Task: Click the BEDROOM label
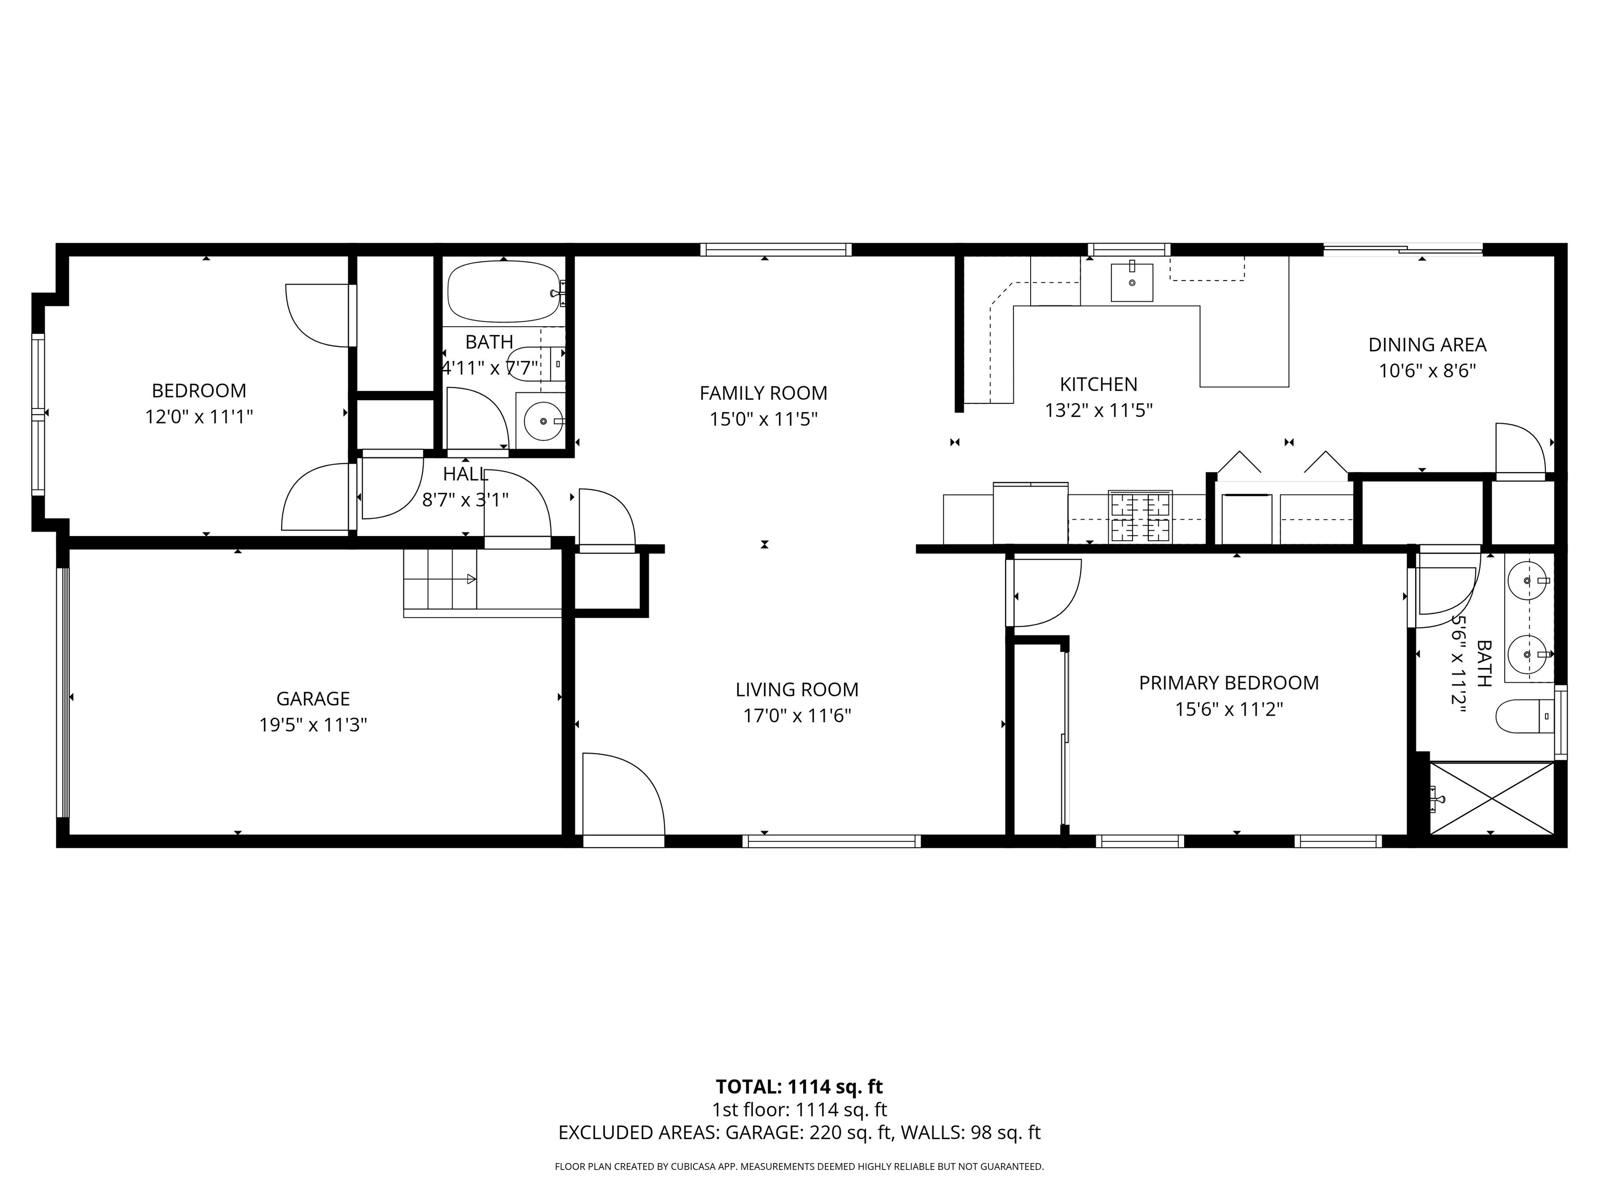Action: pyautogui.click(x=199, y=391)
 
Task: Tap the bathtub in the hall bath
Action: pyautogui.click(x=503, y=291)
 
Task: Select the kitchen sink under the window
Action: pyautogui.click(x=1131, y=283)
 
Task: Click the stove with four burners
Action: pyautogui.click(x=1140, y=517)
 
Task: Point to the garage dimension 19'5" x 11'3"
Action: pyautogui.click(x=313, y=725)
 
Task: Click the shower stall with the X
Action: pyautogui.click(x=1492, y=799)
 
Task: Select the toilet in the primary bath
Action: pyautogui.click(x=1521, y=716)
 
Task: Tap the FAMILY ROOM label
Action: pyautogui.click(x=763, y=393)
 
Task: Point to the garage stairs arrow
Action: pyautogui.click(x=471, y=579)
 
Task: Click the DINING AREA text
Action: pyautogui.click(x=1427, y=345)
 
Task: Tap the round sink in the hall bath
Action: pyautogui.click(x=542, y=420)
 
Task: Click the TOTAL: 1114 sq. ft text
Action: pyautogui.click(x=799, y=1086)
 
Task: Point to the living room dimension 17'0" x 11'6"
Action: pyautogui.click(x=796, y=716)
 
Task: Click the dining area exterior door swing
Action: pyautogui.click(x=1518, y=450)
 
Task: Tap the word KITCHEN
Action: pyautogui.click(x=1098, y=385)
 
